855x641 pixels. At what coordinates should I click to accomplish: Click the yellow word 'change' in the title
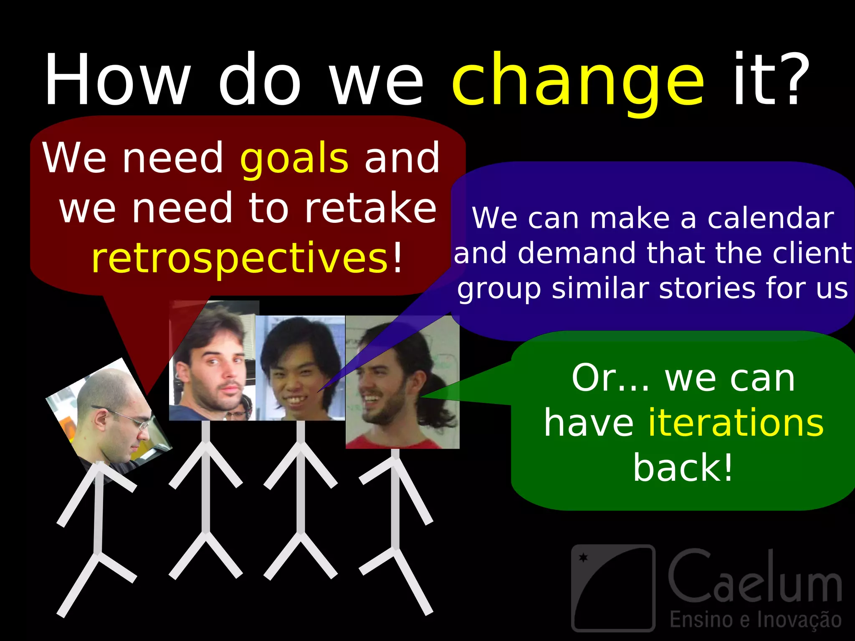click(x=578, y=81)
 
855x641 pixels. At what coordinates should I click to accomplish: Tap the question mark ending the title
click(x=787, y=79)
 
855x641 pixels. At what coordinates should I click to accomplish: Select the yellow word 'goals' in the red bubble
click(x=294, y=159)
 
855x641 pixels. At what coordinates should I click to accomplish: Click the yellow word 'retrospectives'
click(x=240, y=259)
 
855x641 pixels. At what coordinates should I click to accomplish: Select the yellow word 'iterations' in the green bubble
click(x=736, y=423)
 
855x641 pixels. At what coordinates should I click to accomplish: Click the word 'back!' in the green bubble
click(x=683, y=468)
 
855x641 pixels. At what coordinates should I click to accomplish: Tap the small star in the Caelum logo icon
click(x=583, y=558)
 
